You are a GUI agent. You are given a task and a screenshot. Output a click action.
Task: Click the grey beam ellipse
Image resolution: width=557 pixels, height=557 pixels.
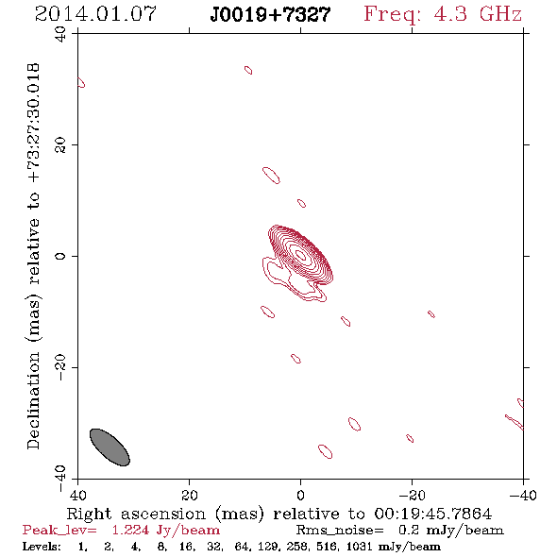coord(110,447)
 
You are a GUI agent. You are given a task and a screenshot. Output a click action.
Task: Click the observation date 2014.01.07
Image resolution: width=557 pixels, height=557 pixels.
coord(95,14)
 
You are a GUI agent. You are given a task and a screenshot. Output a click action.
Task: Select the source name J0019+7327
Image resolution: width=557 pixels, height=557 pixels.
coord(270,15)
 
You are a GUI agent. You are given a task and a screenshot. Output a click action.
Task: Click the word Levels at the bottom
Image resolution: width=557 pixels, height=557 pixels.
coord(42,546)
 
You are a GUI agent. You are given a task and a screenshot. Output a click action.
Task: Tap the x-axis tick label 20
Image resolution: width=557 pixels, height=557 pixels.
coord(190,495)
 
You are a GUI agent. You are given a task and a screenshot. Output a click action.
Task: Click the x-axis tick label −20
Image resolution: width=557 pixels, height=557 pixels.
coord(412,495)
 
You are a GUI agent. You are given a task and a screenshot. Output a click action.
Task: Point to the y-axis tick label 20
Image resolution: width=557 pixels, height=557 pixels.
coord(60,145)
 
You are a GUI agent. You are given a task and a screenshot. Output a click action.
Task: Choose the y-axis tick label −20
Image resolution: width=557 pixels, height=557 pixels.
coord(60,367)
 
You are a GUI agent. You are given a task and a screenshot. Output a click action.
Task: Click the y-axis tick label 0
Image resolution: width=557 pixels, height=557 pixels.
coord(60,256)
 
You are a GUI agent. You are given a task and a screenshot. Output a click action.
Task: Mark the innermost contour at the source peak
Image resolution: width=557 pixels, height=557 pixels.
coord(301,255)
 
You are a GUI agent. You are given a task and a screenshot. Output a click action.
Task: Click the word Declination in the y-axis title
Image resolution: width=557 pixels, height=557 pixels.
coord(33,400)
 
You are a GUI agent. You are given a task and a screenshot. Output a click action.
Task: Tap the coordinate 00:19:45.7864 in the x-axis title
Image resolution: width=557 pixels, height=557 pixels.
coord(433,514)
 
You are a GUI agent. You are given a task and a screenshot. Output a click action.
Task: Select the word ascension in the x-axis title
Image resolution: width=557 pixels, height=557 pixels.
coord(163,515)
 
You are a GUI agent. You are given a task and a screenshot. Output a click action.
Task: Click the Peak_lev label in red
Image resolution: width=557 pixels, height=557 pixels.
coord(59,531)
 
